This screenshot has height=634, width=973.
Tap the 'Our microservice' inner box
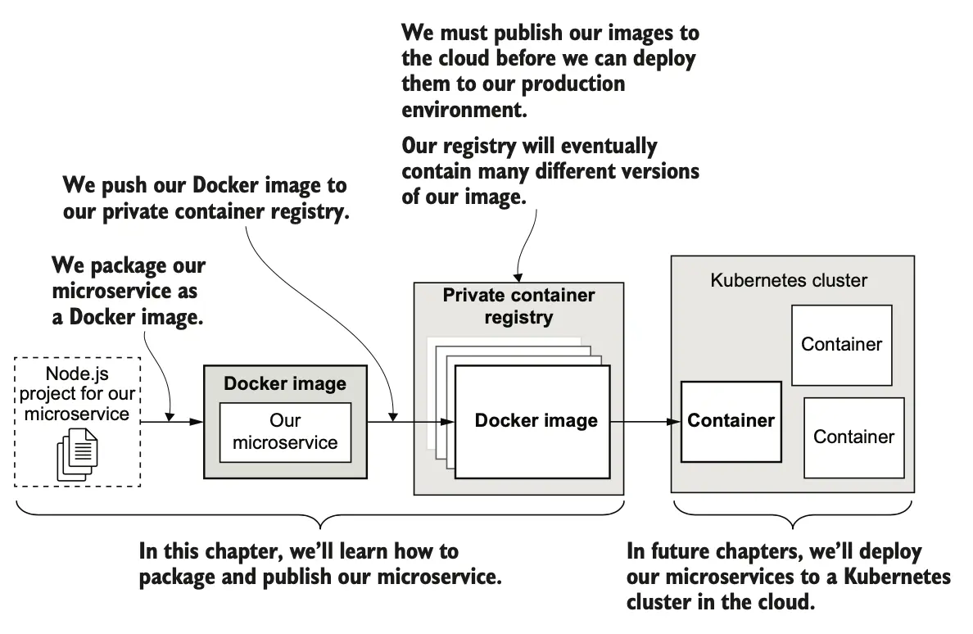(285, 432)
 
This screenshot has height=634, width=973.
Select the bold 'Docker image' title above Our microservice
(285, 384)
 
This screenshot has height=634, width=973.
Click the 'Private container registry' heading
(518, 306)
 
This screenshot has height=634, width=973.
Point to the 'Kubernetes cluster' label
(788, 281)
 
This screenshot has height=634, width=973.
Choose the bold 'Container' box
(731, 421)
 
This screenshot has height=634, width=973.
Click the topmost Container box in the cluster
(841, 345)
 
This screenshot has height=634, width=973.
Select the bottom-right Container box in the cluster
(853, 437)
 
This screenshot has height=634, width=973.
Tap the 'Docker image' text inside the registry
(536, 421)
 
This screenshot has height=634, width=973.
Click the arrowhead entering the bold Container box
(675, 422)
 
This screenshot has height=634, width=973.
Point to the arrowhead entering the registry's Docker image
(448, 422)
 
